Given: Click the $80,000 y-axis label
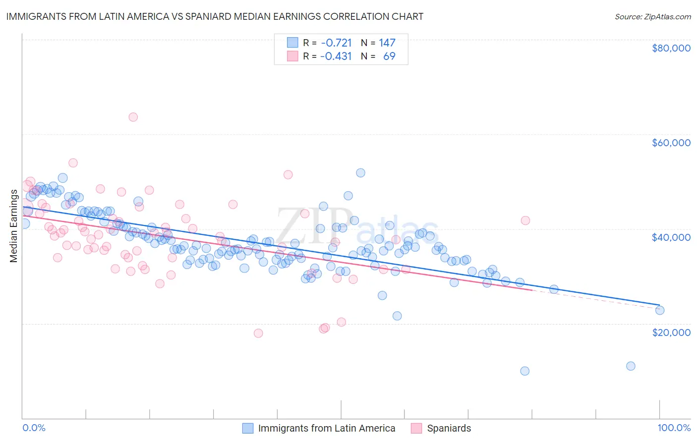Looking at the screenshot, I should (671, 48).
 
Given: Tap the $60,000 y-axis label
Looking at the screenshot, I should (671, 143).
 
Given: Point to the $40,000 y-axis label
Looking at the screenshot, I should (671, 237).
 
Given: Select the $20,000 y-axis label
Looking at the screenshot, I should (671, 332).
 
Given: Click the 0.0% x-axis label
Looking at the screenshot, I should (34, 428).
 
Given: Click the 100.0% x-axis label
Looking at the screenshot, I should (674, 428).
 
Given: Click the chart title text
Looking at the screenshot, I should (215, 16).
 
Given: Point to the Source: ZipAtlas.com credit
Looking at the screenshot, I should (652, 17).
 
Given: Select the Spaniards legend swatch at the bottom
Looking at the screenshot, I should (416, 428).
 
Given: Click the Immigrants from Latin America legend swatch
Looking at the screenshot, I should (247, 428).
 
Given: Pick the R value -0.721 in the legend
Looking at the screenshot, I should (336, 43).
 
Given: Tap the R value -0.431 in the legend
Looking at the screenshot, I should (336, 56).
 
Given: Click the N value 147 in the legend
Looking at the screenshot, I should (387, 43).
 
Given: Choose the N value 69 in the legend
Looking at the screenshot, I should (389, 56).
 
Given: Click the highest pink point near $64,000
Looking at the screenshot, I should (133, 117).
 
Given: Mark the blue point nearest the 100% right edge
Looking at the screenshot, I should (659, 310).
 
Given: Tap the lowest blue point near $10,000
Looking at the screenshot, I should (524, 371).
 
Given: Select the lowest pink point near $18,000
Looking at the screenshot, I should (258, 333).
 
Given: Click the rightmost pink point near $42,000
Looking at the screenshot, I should (525, 221).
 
